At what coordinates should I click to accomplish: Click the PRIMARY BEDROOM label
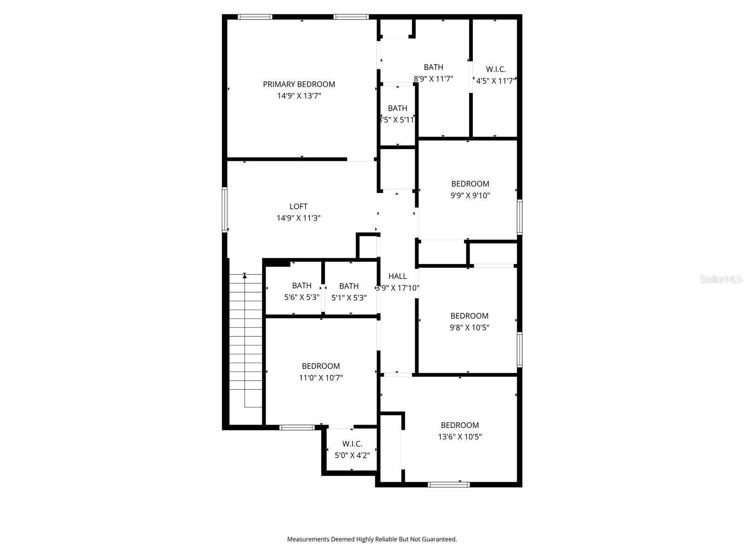299,84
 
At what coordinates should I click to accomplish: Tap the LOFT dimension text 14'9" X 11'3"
299,218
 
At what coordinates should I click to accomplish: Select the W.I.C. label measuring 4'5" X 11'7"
496,69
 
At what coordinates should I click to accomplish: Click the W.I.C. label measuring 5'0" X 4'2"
352,444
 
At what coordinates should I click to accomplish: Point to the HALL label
398,276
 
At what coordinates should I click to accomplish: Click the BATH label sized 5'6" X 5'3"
302,286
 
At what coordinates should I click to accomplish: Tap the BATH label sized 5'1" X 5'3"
349,286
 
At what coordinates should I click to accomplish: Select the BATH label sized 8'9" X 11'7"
433,67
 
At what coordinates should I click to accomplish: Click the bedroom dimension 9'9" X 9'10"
470,196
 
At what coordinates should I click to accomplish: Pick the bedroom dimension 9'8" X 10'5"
469,327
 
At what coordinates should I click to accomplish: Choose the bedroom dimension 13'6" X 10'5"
460,437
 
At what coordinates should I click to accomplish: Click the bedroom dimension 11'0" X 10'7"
321,378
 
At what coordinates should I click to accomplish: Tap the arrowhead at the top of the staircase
245,276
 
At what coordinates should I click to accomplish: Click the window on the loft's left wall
225,209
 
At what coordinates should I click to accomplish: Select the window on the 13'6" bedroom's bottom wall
448,485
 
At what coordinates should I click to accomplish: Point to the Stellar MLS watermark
721,279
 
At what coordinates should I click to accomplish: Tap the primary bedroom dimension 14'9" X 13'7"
299,96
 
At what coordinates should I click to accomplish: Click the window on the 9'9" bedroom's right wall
519,217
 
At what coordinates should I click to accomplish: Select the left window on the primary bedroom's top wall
255,17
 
